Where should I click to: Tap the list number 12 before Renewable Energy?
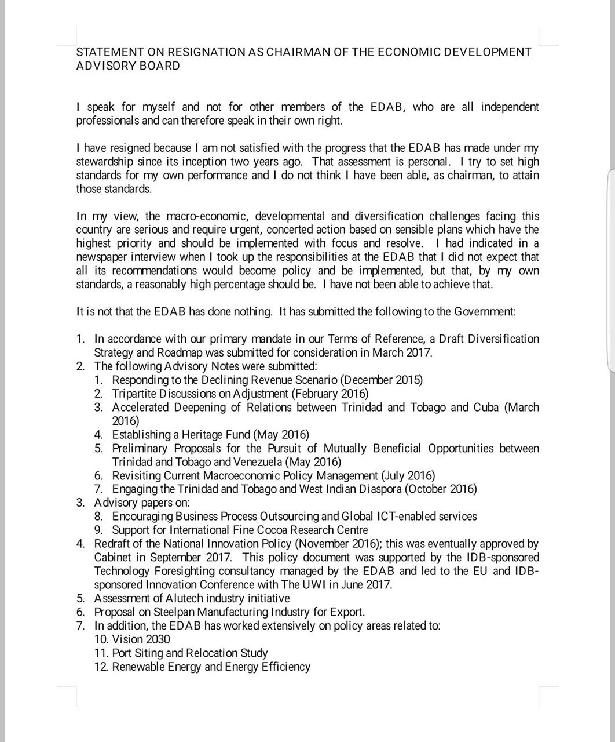(x=101, y=667)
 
